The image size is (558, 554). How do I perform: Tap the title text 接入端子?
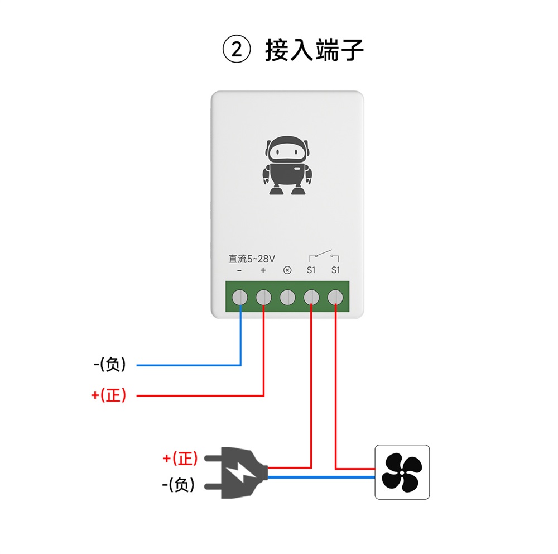(314, 51)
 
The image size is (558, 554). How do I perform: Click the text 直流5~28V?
(252, 259)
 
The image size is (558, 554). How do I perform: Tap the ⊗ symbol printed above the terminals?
(287, 270)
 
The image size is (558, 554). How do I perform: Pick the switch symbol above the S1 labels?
(324, 257)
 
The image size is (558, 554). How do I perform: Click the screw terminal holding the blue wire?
(240, 298)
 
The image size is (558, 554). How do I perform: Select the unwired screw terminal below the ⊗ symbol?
(287, 298)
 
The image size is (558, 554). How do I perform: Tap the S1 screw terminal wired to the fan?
(335, 298)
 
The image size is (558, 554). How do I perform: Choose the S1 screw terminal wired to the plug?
(311, 298)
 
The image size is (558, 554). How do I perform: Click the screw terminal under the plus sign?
(263, 298)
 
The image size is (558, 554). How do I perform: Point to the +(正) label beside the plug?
(180, 459)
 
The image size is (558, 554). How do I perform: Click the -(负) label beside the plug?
(179, 485)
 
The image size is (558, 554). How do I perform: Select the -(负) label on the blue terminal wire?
(110, 365)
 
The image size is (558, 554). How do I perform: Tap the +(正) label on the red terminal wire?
(109, 395)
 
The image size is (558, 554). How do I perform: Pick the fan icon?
(402, 472)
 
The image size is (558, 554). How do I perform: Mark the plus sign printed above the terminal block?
(263, 270)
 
